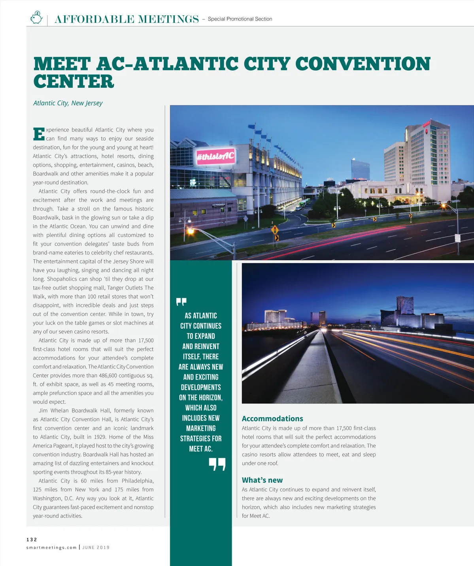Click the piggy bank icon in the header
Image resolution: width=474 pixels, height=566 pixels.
point(36,18)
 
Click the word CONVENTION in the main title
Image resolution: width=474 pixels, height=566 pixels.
point(363,64)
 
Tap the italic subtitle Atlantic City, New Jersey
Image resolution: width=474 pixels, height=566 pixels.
point(68,103)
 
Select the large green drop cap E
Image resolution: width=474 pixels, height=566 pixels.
point(39,134)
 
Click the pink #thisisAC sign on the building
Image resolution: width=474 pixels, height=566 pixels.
point(215,156)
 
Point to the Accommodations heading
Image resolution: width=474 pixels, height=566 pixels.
point(272,419)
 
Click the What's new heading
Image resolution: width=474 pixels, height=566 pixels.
point(262,480)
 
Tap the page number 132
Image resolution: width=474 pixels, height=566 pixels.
point(32,540)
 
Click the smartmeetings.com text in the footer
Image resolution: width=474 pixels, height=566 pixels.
point(51,548)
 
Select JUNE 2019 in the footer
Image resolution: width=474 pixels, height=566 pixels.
point(96,548)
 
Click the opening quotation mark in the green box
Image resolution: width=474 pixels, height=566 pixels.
point(181,302)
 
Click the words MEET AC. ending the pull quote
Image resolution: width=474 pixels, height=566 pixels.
point(201,449)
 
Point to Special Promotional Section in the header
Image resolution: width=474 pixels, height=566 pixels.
point(240,19)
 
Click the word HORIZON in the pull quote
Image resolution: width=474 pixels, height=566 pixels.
point(210,398)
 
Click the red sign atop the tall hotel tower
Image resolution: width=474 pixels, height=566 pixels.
point(426,124)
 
